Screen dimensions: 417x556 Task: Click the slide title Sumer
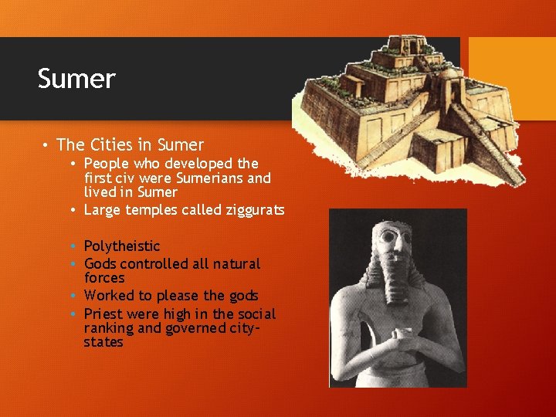pos(76,79)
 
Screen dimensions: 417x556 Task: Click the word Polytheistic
pos(122,246)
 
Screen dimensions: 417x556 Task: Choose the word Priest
pos(103,314)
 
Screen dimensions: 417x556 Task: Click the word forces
pos(104,277)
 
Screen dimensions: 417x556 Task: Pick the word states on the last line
pos(103,342)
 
